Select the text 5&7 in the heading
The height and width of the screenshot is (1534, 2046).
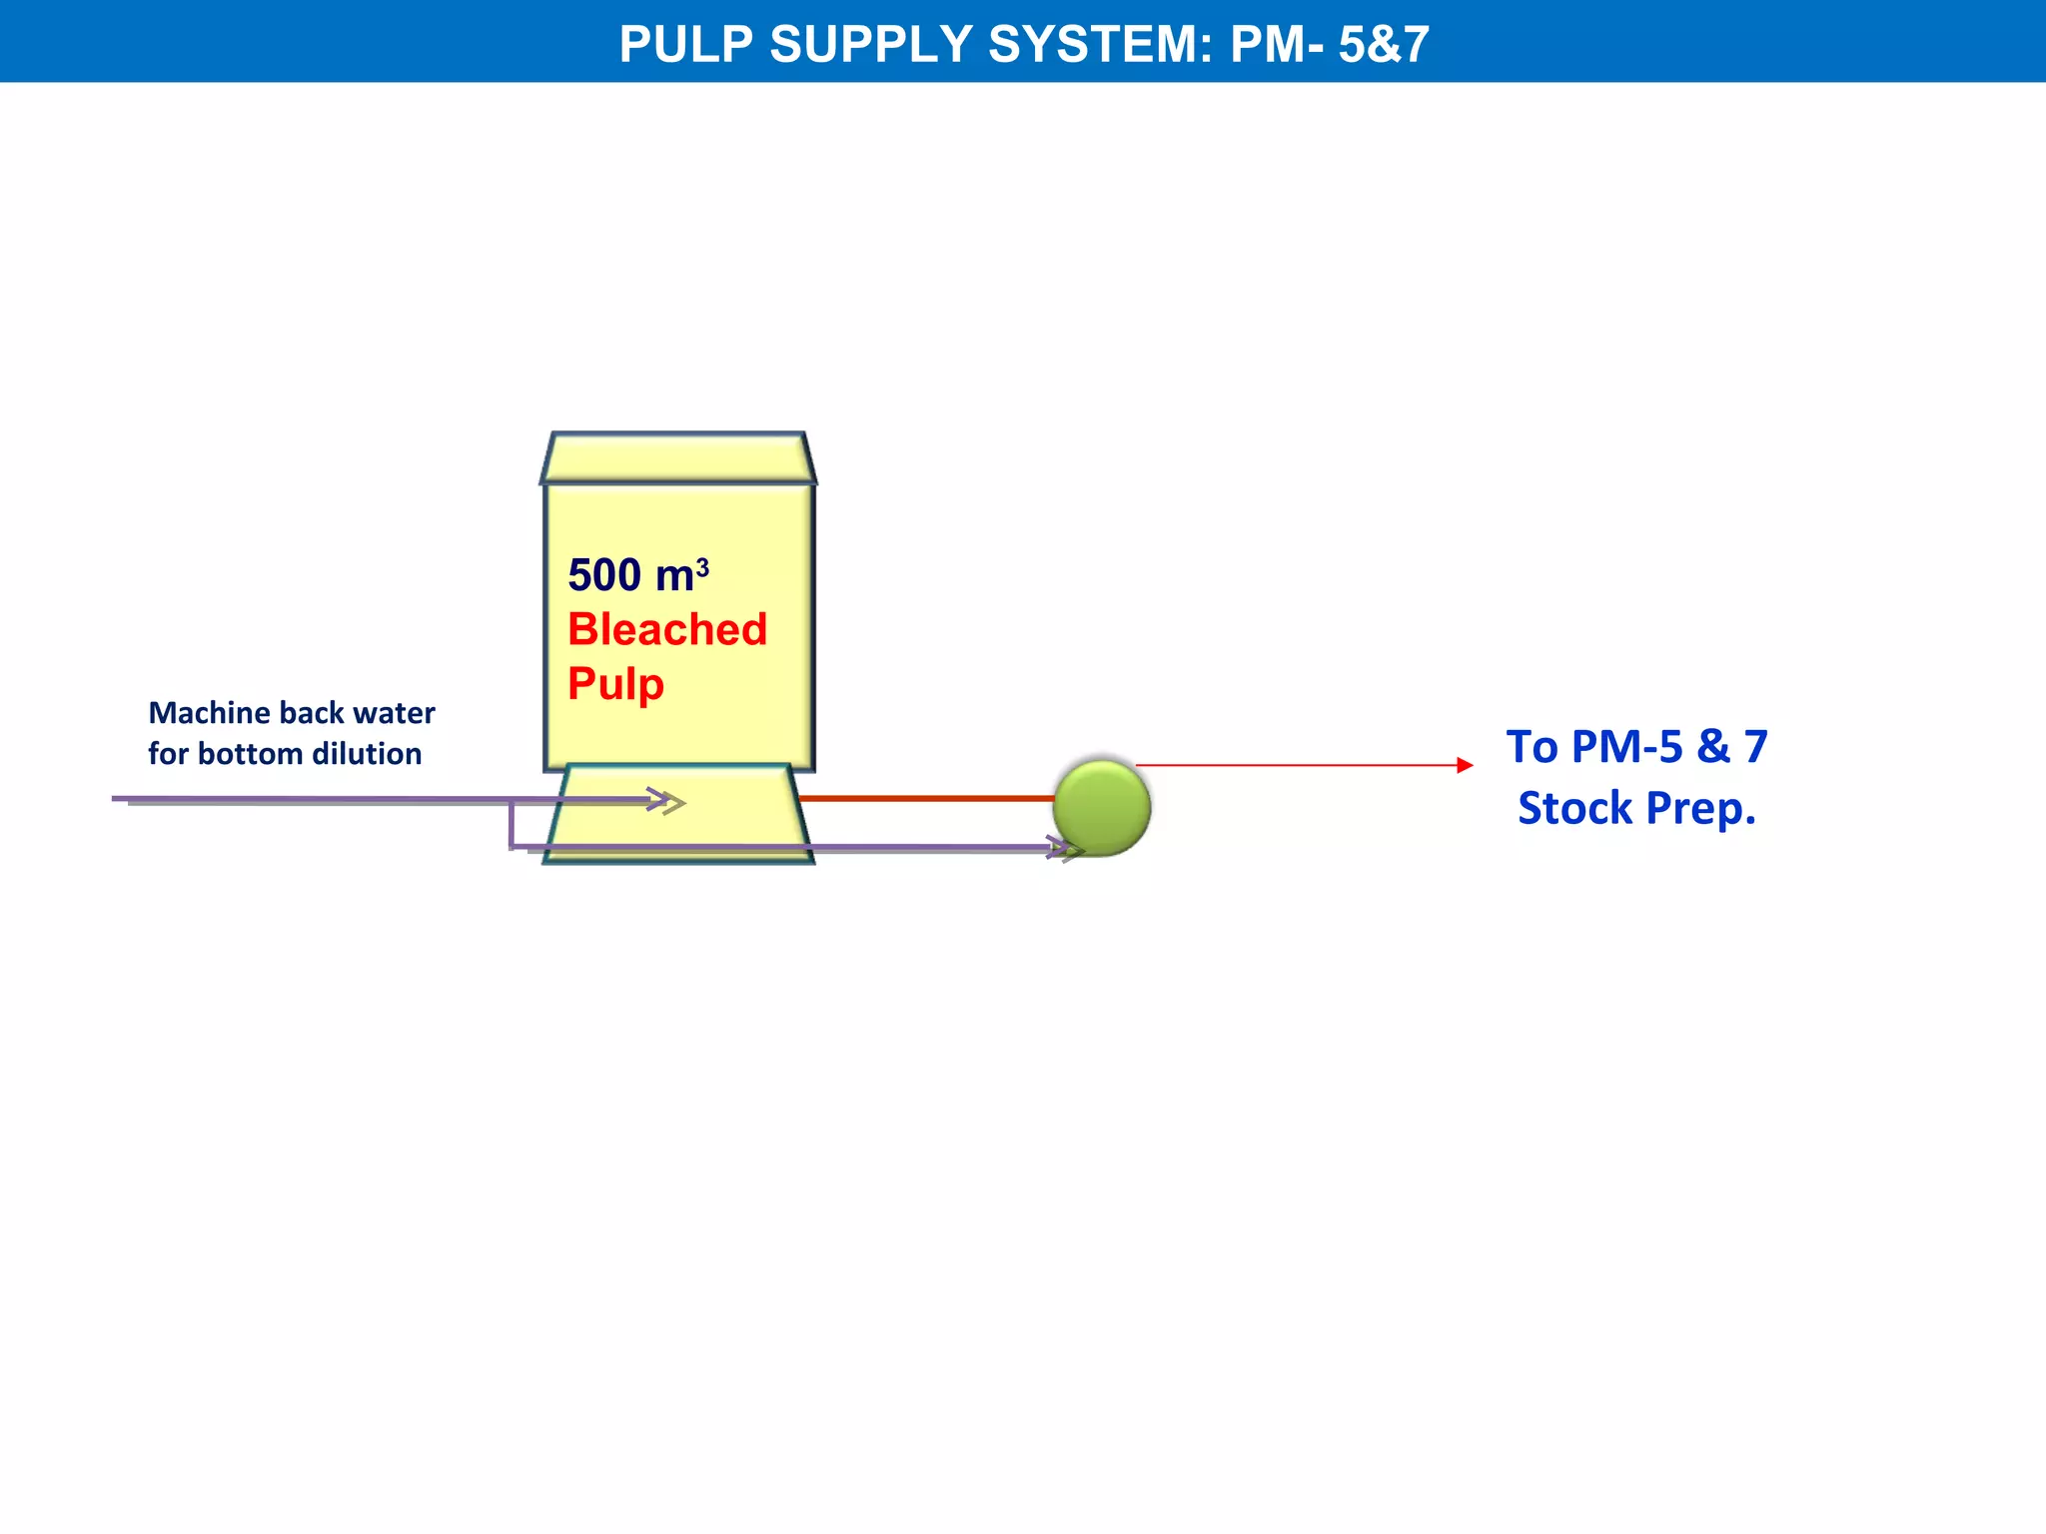(x=1384, y=44)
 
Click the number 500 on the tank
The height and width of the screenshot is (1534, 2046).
(x=604, y=575)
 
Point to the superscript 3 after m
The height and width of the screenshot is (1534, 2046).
(x=702, y=567)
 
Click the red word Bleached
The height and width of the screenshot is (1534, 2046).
(x=667, y=629)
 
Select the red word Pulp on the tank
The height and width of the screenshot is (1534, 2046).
(x=615, y=684)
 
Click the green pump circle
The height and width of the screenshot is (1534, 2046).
(x=1102, y=807)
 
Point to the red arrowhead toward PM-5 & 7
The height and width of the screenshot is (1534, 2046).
(x=1465, y=765)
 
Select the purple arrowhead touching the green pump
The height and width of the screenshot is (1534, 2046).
(x=1065, y=849)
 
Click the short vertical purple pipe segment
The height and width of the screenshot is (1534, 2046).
(x=511, y=824)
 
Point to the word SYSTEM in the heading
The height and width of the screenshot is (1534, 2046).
(x=1100, y=44)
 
